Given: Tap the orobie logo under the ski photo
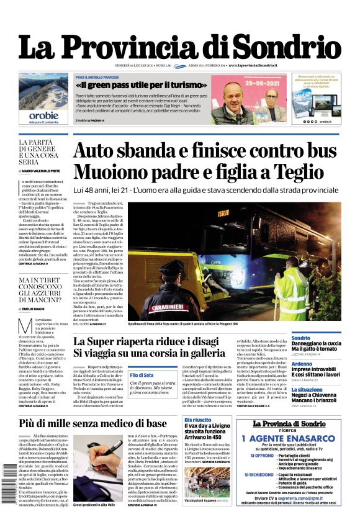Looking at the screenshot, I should pos(43,115).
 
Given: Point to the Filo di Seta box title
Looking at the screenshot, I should pos(141,375).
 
